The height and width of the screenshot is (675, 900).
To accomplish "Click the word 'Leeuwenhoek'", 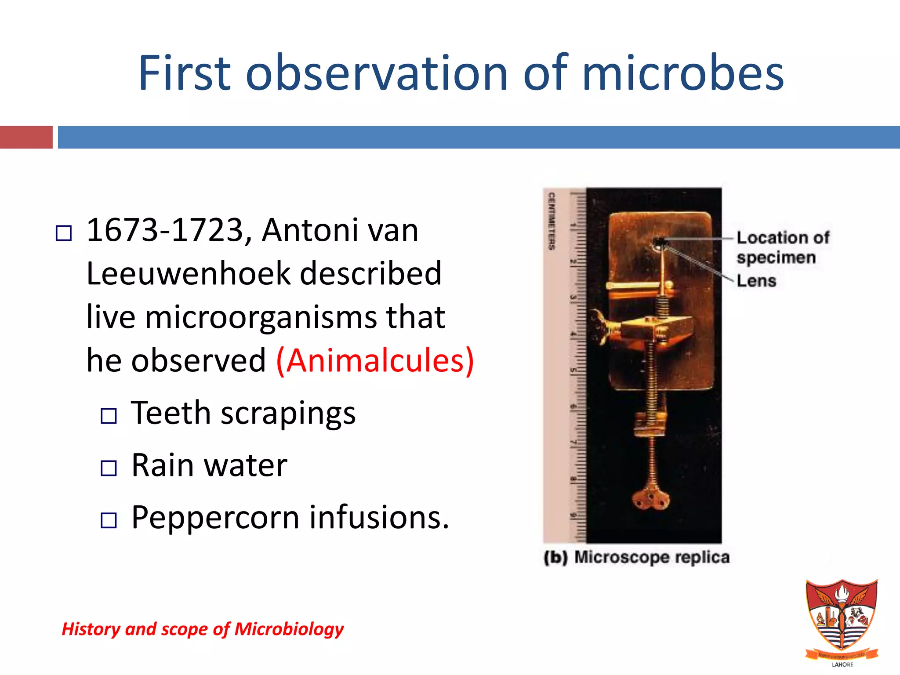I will (x=189, y=273).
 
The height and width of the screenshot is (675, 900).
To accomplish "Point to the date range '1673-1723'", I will (x=165, y=230).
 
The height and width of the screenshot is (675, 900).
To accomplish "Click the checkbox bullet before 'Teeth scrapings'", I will (x=109, y=416).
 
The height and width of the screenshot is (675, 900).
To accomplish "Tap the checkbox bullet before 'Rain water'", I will (x=109, y=468).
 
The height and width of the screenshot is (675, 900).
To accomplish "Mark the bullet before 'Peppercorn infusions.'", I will (x=109, y=520).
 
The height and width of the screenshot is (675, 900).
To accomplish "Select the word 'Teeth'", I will (x=171, y=413).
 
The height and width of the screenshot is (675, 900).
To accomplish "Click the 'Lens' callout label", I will (x=756, y=281).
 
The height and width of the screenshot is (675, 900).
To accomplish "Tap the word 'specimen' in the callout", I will (x=776, y=258).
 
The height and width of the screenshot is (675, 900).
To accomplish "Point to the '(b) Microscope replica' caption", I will (x=637, y=557).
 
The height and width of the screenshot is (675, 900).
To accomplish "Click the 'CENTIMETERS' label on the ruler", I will (x=551, y=221).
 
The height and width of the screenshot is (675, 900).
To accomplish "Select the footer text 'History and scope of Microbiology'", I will (x=203, y=629).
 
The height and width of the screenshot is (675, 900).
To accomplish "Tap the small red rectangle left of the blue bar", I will (x=26, y=137).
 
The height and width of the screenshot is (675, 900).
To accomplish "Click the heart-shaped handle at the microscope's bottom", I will (x=651, y=500).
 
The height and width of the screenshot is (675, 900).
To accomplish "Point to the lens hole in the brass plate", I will (x=659, y=241).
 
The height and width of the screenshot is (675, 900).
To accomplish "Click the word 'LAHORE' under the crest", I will (x=842, y=664).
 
